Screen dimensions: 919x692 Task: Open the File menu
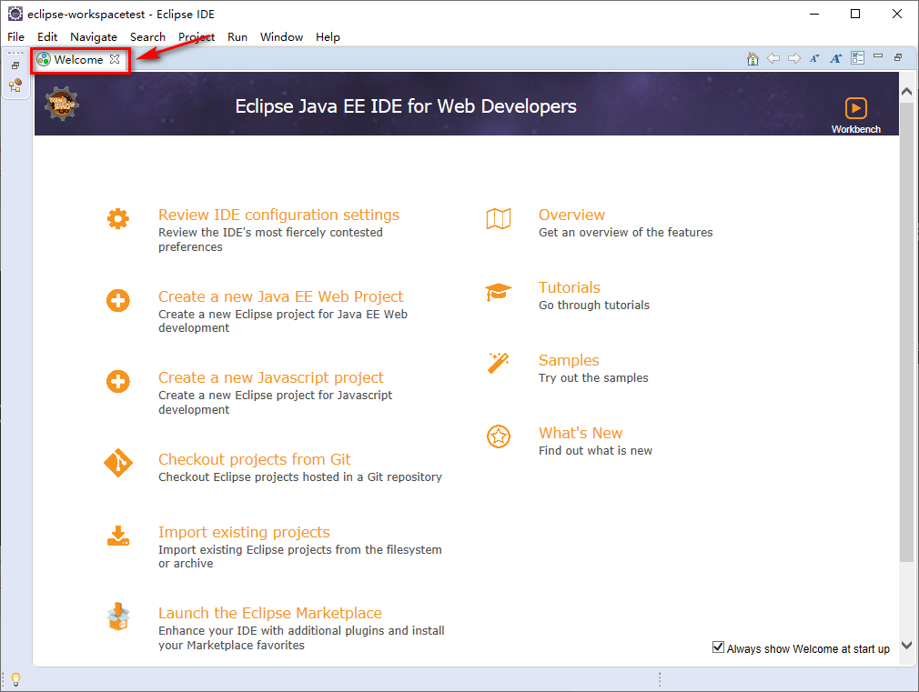tap(15, 37)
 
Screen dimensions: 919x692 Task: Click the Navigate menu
tap(94, 37)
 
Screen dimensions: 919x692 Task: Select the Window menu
tap(281, 37)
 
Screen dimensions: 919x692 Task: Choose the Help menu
tap(328, 37)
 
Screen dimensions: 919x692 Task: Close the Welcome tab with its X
tap(115, 59)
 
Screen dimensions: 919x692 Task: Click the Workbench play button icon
tap(855, 108)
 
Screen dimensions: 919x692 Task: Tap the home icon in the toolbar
tap(752, 58)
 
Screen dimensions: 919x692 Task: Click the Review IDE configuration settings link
tap(278, 215)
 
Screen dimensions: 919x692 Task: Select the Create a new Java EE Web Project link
tap(281, 296)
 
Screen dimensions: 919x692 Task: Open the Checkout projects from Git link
tap(255, 459)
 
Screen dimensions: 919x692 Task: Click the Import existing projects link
tap(244, 532)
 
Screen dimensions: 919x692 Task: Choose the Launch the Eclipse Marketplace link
tap(270, 613)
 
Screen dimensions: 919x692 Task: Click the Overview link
tap(571, 215)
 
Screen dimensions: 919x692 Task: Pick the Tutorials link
tap(569, 287)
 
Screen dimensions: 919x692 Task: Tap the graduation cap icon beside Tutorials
tap(499, 292)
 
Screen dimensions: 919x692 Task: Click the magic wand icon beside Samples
tap(499, 363)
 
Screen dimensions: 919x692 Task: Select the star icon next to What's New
tap(499, 436)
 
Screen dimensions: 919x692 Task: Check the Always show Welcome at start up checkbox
tap(718, 647)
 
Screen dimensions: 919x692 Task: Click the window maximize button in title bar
tap(855, 14)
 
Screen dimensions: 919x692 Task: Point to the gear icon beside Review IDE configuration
tap(117, 218)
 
